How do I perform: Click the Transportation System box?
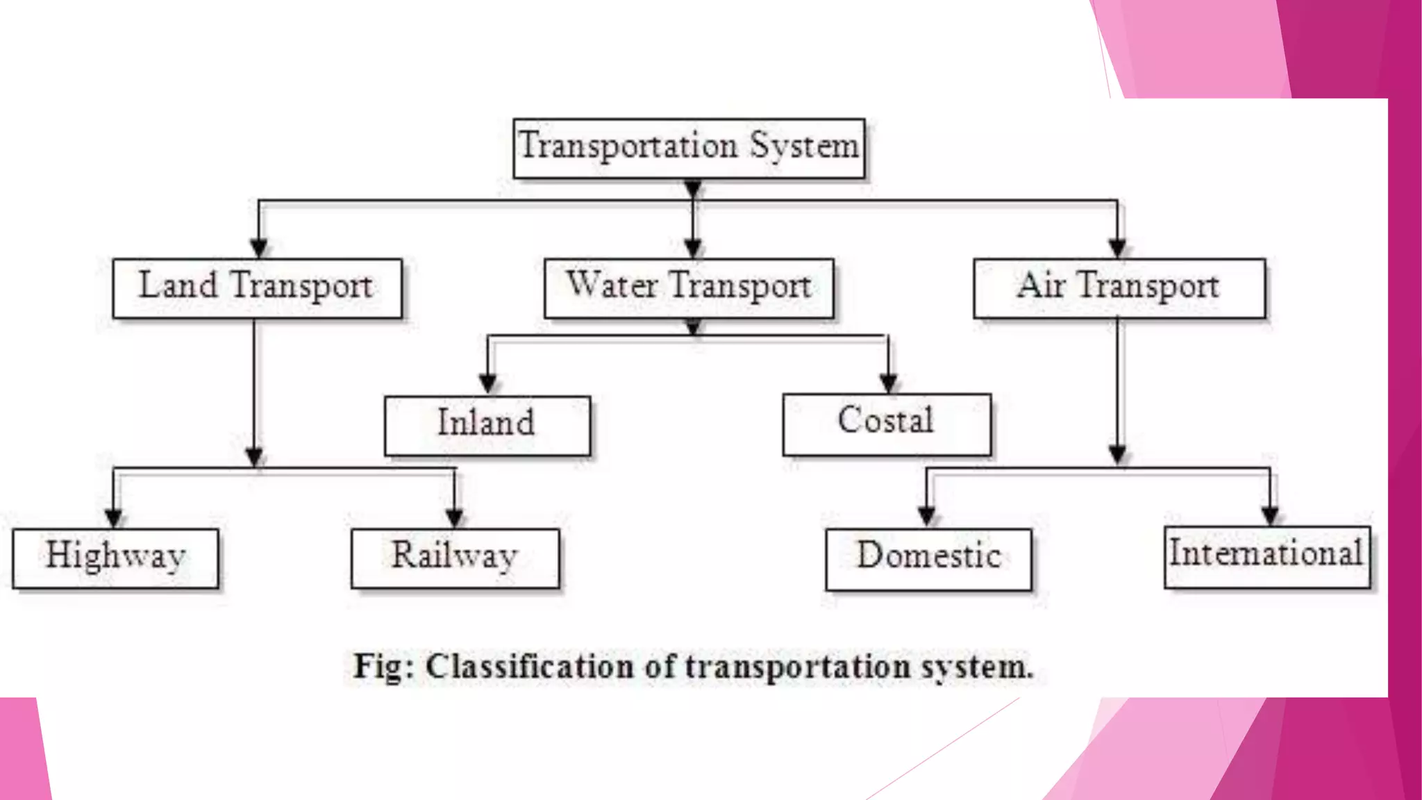tap(689, 149)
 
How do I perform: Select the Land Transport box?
tap(257, 289)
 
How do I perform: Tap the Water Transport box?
tap(689, 289)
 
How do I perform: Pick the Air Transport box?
tap(1119, 289)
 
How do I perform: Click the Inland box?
tap(487, 426)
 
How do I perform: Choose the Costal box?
tap(887, 424)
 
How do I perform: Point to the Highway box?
tap(115, 558)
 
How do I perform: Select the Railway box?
tap(455, 558)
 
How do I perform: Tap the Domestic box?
tap(928, 559)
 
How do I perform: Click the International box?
tap(1266, 557)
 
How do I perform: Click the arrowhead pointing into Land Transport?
tap(258, 249)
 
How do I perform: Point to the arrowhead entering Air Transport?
tap(1117, 249)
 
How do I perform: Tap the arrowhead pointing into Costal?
tap(888, 383)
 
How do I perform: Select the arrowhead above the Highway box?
tap(115, 518)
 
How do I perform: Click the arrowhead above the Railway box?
tap(455, 518)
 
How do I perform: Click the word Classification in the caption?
tap(530, 667)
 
